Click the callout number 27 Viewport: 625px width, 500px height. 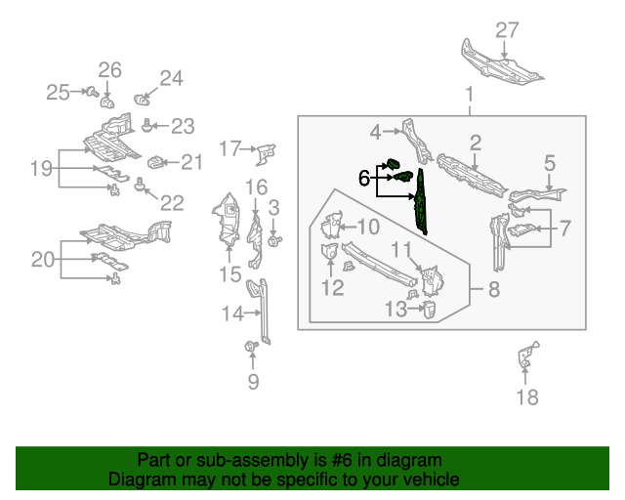pos(507,30)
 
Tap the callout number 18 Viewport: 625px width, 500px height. pos(526,396)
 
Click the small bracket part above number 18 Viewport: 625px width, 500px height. pos(525,356)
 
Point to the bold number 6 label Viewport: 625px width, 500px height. pos(364,178)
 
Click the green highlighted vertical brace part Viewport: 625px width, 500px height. pos(421,200)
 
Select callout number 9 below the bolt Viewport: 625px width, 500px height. pos(253,382)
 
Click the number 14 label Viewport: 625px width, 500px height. pos(231,313)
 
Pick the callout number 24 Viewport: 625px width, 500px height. pos(171,78)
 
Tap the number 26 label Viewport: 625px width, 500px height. pos(109,69)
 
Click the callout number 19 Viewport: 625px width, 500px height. pos(40,169)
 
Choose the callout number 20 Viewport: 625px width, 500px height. pos(43,260)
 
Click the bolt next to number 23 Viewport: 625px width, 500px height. pos(147,124)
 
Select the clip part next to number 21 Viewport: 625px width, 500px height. pos(155,161)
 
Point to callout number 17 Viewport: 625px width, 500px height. pos(230,148)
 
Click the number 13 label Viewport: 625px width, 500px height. pos(395,310)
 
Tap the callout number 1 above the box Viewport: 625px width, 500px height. pos(469,95)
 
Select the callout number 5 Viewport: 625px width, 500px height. pos(549,163)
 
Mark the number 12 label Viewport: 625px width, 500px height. pos(332,287)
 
